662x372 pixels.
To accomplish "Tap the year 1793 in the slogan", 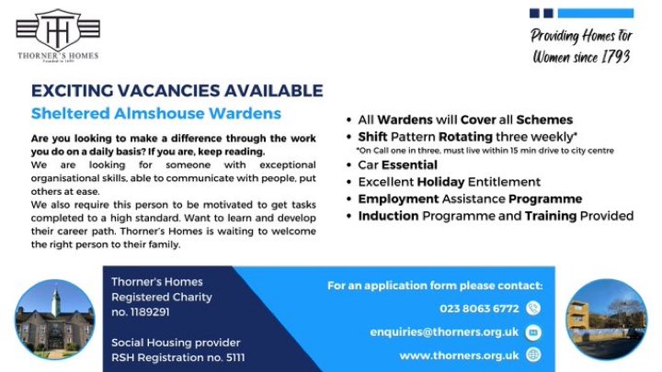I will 611,56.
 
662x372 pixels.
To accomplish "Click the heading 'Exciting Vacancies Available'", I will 177,91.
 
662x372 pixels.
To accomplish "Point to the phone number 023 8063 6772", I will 479,309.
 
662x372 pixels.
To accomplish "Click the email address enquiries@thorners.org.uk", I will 444,332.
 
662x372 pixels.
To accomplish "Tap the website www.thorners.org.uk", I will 459,355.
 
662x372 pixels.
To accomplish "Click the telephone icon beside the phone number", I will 533,309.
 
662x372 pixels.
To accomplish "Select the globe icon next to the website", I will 533,355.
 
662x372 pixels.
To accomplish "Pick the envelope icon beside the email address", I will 533,332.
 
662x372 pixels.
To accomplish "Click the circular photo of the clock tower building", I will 54,320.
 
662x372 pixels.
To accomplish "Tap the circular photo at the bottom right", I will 606,320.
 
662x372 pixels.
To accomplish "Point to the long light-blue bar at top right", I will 595,14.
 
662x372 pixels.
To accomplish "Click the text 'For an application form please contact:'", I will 435,286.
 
